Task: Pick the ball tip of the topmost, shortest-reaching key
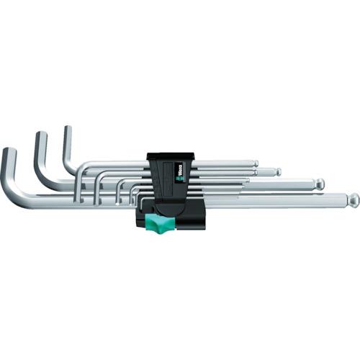coord(253,163)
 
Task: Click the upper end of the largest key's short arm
coord(9,151)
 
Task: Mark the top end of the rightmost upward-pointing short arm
coord(67,130)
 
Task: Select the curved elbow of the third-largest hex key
coord(72,170)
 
